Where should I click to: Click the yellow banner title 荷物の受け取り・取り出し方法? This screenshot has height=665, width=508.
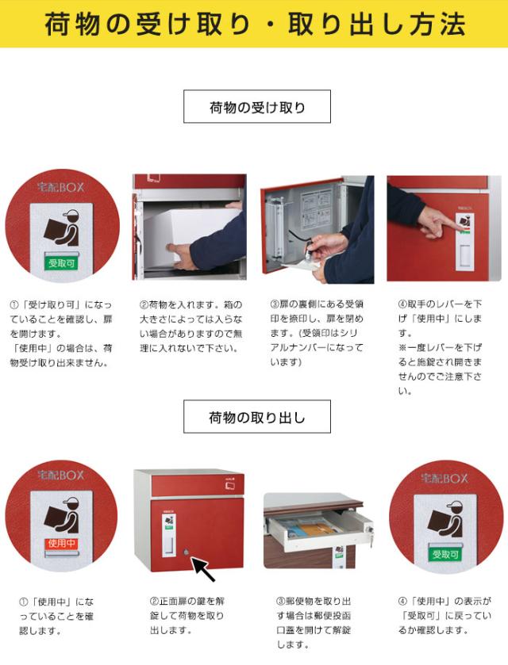(255, 24)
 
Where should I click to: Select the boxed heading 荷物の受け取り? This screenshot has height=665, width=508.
(257, 107)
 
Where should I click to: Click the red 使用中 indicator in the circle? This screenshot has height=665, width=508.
(61, 544)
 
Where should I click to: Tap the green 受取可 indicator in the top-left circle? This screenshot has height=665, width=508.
(61, 263)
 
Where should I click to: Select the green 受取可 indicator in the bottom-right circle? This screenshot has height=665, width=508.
(445, 554)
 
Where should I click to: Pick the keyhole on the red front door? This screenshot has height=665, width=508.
(186, 552)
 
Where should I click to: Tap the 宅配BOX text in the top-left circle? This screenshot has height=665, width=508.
(61, 187)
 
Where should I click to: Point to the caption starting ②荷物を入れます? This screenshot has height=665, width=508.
(191, 326)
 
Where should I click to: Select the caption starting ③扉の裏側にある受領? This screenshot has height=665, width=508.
(317, 333)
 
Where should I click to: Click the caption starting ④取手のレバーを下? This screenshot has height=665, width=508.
(440, 347)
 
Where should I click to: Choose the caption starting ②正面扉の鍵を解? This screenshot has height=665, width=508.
(187, 615)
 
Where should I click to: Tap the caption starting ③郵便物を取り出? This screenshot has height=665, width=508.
(314, 622)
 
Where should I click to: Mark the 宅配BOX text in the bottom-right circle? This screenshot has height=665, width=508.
(444, 479)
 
